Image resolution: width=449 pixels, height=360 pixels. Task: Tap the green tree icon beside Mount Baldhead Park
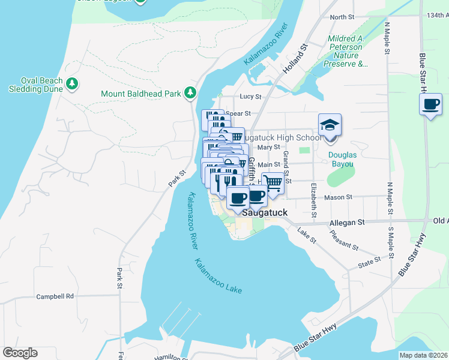[x=190, y=92]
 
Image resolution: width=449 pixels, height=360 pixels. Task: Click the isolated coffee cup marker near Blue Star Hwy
[x=431, y=105]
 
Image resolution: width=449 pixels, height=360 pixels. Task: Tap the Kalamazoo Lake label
[x=218, y=276]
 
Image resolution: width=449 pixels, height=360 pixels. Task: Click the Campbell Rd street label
[x=55, y=296]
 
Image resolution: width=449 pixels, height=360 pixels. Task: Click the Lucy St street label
[x=250, y=96]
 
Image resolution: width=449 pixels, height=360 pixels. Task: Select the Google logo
[x=20, y=352]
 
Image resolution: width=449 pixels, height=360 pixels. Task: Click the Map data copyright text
[x=423, y=355]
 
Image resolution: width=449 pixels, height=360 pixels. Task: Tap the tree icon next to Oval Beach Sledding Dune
[x=72, y=83]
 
